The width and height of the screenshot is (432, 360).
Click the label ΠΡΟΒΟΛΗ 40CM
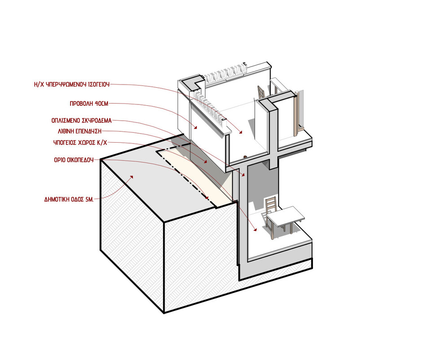pyautogui.click(x=89, y=104)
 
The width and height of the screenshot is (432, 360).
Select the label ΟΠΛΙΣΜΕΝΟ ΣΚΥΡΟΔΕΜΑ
pyautogui.click(x=82, y=121)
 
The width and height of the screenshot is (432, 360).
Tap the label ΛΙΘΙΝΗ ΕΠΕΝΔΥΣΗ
pyautogui.click(x=79, y=131)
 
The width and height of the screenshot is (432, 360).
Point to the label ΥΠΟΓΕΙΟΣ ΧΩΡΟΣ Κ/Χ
pyautogui.click(x=80, y=143)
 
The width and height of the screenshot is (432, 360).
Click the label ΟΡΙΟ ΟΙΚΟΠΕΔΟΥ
pyautogui.click(x=74, y=160)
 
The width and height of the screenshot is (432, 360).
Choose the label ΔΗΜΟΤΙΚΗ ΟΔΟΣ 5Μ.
pyautogui.click(x=69, y=199)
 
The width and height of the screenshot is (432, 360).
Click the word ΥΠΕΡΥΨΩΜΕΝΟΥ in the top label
pyautogui.click(x=65, y=84)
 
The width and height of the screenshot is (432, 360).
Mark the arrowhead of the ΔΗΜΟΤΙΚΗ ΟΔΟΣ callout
pyautogui.click(x=132, y=177)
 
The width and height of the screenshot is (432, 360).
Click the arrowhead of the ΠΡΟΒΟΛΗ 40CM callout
pyautogui.click(x=196, y=127)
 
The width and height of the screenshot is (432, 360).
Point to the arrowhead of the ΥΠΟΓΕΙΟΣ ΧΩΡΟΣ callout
pyautogui.click(x=255, y=229)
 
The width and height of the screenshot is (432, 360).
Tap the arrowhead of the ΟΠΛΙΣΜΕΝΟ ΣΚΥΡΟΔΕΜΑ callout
pyautogui.click(x=243, y=175)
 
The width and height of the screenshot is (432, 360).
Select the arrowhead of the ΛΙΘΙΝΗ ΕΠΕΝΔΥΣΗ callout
pyautogui.click(x=205, y=162)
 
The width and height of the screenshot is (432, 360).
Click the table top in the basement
pyautogui.click(x=285, y=216)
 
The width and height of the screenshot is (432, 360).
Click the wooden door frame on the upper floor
pyautogui.click(x=296, y=114)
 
